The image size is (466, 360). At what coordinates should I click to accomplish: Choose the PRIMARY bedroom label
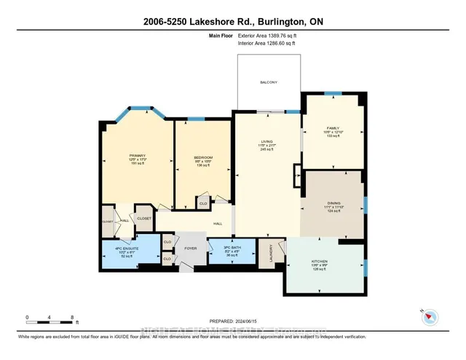(137, 155)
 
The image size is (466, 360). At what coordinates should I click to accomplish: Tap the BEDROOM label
(202, 158)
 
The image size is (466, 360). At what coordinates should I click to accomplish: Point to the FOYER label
(190, 247)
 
